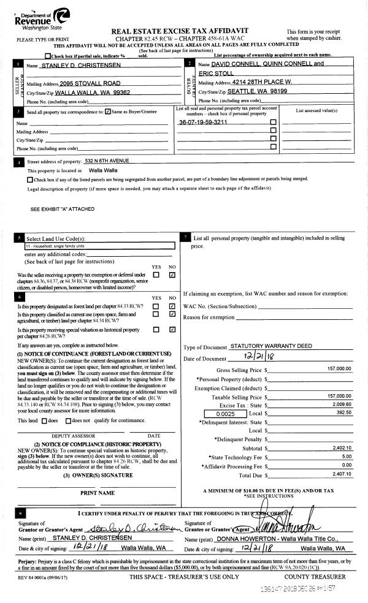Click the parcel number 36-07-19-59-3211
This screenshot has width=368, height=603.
pyautogui.click(x=203, y=123)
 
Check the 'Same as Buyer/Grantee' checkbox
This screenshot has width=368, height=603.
pyautogui.click(x=108, y=112)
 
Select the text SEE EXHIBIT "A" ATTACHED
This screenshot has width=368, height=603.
pyautogui.click(x=63, y=209)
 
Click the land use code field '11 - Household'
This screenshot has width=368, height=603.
pyautogui.click(x=92, y=246)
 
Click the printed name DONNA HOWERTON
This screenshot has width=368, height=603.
pyautogui.click(x=240, y=537)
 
